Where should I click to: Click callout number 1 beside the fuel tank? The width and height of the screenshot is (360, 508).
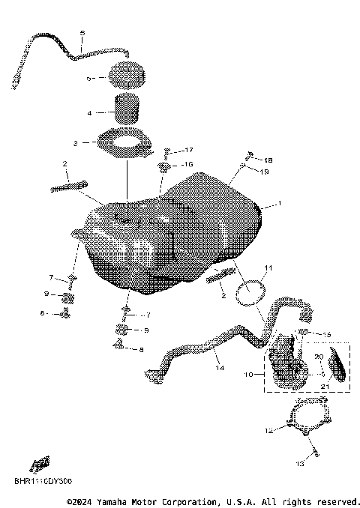[280, 203]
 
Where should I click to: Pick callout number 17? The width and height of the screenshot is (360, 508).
[189, 150]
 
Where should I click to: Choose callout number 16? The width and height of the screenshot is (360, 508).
[188, 163]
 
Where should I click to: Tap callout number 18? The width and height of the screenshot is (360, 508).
[268, 160]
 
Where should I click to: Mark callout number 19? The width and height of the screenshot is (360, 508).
[265, 172]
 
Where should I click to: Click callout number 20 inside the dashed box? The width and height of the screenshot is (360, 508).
[319, 357]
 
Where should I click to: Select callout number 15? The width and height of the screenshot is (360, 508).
[326, 333]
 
